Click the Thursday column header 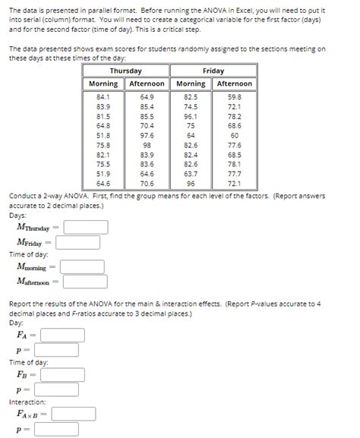[125, 71]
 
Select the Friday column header [213, 71]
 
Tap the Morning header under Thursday [103, 84]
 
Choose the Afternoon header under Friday [235, 84]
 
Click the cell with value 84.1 [103, 97]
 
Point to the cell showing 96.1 [191, 116]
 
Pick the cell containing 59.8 [235, 97]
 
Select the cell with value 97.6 [147, 135]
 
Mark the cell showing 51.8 [103, 135]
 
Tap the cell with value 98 [147, 145]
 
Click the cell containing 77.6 [235, 145]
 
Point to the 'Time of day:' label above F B [29, 362]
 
